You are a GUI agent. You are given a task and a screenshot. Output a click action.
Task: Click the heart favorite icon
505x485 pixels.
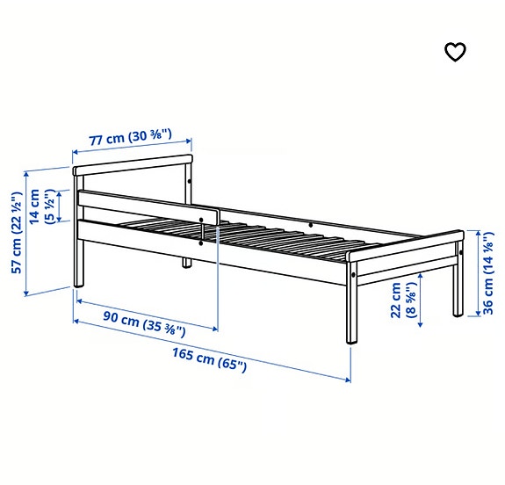(455, 53)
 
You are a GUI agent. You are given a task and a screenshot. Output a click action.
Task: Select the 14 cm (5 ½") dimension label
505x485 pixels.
(41, 207)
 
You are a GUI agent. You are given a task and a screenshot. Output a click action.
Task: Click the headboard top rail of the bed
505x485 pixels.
(132, 163)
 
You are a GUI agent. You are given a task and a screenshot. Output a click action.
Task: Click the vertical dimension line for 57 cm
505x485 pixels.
(27, 233)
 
